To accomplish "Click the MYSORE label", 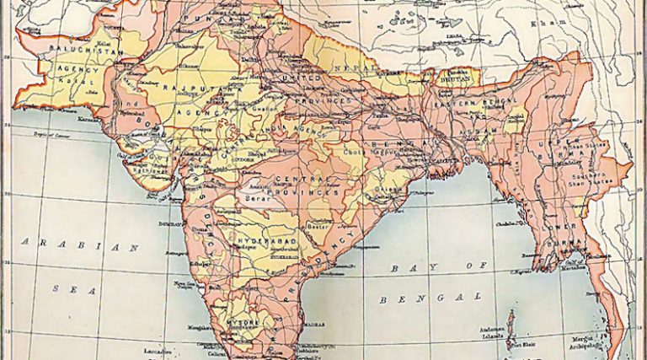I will (234, 322).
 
